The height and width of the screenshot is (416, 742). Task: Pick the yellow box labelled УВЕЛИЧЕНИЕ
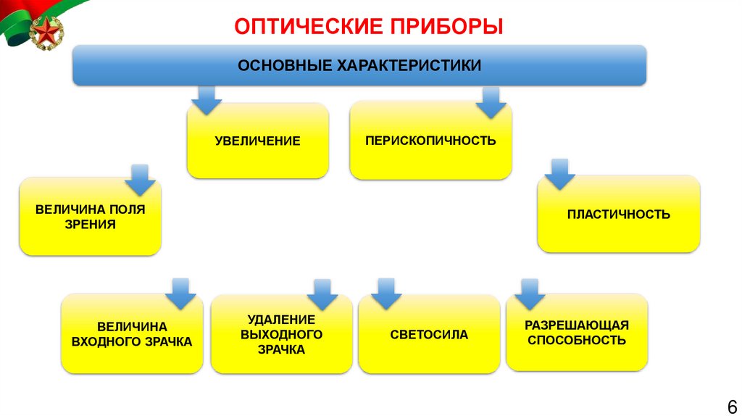257,141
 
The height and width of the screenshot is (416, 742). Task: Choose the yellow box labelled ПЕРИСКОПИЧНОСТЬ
430,140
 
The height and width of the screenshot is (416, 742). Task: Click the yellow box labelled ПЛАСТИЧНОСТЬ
618,215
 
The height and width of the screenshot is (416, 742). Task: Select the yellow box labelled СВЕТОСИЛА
429,335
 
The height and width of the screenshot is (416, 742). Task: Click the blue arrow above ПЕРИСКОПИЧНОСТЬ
491,102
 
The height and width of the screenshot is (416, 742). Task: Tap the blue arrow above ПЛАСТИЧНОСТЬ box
559,174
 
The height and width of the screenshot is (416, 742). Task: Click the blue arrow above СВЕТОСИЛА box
385,293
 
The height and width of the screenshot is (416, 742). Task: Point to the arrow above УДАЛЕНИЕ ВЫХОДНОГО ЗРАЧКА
322,294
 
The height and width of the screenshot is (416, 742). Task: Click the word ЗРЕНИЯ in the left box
91,225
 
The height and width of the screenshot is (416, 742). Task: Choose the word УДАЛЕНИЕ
281,319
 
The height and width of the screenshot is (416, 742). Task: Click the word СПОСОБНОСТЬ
577,340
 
